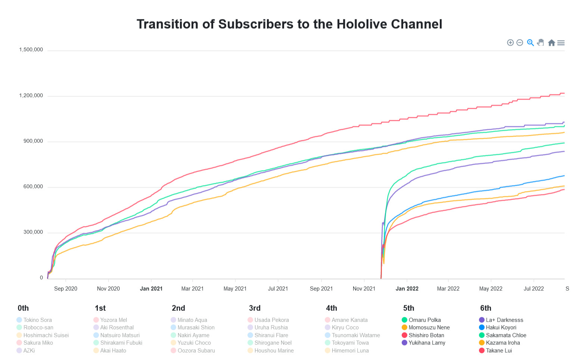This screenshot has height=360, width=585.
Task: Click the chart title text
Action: [289, 24]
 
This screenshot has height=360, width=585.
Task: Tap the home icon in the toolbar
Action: [551, 43]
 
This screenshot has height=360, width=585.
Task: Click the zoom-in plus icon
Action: [510, 43]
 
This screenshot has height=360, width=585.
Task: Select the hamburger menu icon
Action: [561, 43]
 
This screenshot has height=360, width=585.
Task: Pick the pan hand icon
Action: [541, 43]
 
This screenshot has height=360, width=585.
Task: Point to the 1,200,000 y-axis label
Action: [31, 96]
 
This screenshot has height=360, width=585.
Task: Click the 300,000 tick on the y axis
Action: [33, 232]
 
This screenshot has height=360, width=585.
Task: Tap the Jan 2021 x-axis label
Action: [151, 289]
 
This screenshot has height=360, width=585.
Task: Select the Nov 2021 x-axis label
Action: [364, 289]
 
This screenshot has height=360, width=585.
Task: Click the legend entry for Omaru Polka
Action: [424, 320]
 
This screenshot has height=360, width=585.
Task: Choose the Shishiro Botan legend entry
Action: [426, 335]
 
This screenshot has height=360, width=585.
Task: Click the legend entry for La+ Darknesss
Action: [504, 320]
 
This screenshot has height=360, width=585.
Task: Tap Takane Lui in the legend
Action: [499, 351]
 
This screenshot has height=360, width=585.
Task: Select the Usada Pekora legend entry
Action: [271, 320]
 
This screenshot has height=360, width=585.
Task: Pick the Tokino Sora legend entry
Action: [37, 320]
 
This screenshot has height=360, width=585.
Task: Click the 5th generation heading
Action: [409, 308]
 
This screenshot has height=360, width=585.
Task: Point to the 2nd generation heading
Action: [178, 308]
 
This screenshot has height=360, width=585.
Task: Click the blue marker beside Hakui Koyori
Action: [482, 328]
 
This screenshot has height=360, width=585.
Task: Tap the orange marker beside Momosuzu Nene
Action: [404, 328]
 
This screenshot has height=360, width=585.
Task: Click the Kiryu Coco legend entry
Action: [345, 328]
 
